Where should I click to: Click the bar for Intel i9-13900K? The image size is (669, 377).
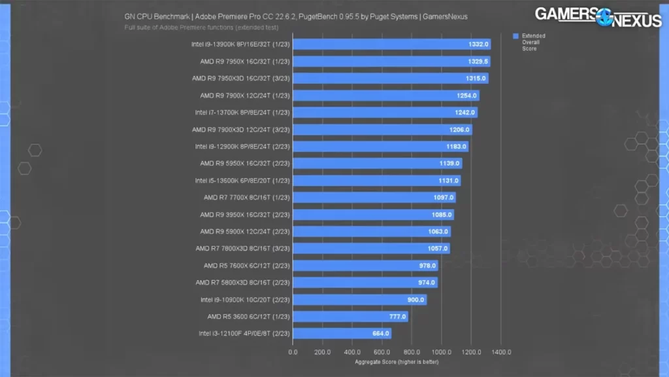(391, 45)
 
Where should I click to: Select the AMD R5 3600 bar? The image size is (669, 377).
(350, 317)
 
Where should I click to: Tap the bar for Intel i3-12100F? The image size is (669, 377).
(342, 334)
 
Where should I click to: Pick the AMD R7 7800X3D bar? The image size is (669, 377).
(370, 249)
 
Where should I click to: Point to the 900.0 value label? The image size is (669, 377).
(416, 300)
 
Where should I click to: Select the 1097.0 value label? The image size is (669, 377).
(444, 198)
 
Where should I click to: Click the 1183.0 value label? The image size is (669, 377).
(456, 147)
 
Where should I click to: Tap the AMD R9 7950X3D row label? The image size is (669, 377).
(240, 79)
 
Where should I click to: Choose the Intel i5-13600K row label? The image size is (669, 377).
(242, 181)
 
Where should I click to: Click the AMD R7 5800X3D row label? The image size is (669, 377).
(242, 283)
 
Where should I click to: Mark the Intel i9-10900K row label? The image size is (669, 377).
(245, 300)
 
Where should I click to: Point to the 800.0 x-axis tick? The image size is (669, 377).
(412, 352)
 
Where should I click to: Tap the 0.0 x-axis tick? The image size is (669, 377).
(293, 352)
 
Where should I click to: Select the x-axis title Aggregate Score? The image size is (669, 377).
(397, 361)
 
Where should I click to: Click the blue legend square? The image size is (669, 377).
(515, 36)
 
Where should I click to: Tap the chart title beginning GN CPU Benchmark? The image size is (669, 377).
(295, 17)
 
